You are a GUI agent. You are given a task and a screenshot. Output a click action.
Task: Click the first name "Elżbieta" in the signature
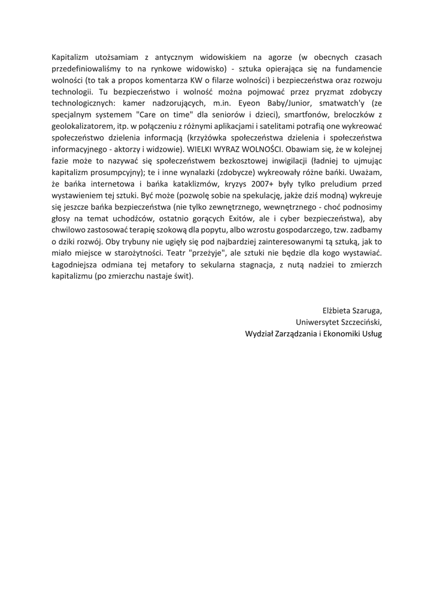point(338,310)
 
